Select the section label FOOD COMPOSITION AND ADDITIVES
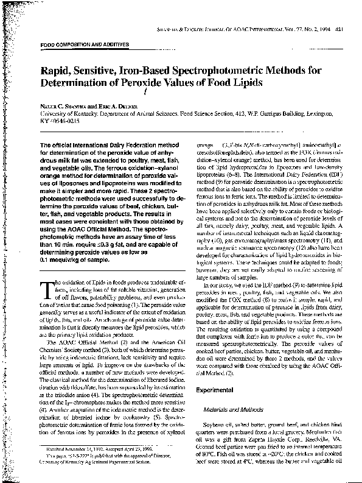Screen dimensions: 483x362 click(x=84, y=45)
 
